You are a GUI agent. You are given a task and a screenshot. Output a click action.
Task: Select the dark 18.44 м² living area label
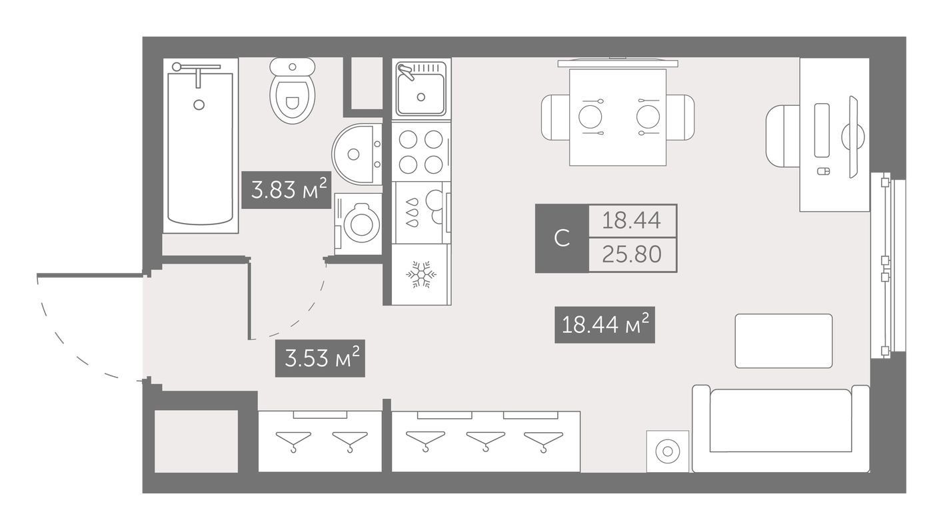point(604,325)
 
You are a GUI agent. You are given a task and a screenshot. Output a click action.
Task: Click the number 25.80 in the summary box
point(632,254)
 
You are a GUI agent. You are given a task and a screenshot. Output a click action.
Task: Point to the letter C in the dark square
point(562,238)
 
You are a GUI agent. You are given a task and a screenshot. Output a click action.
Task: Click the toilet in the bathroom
point(293,91)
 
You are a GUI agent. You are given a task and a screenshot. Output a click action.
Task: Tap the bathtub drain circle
point(199,105)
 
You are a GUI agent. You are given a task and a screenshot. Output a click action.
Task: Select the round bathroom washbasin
point(357,154)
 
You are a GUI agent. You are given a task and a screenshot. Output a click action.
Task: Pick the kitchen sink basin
point(421,93)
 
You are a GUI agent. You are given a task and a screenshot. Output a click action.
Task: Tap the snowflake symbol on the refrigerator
point(421,274)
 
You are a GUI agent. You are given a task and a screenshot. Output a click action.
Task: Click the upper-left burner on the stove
point(408,140)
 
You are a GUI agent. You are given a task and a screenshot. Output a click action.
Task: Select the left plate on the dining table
point(590,117)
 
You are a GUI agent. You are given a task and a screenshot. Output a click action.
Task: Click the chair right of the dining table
point(680,117)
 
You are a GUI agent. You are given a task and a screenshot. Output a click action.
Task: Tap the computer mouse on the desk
point(824,172)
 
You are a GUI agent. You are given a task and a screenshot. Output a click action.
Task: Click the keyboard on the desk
point(822,131)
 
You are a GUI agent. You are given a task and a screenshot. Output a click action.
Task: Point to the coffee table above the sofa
point(784,341)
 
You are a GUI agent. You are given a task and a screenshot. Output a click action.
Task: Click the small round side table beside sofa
point(668,451)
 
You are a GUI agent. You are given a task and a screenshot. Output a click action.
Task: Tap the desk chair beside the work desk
point(782,136)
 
